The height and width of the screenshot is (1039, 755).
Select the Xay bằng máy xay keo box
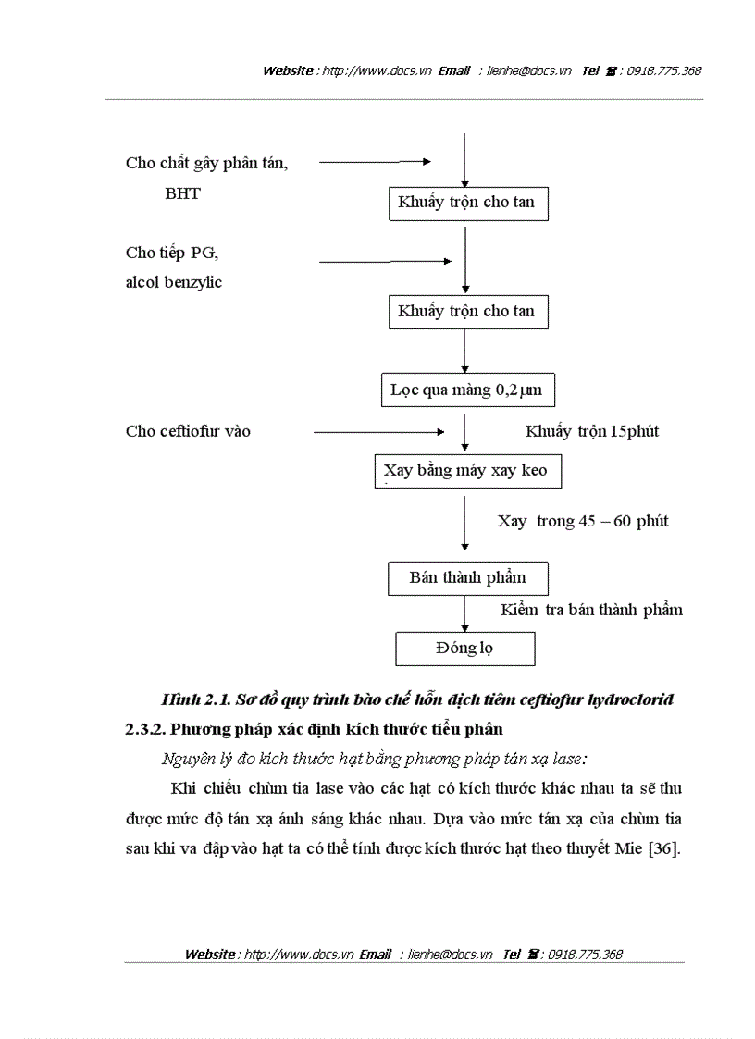pos(465,471)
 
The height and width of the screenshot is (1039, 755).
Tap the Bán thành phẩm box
pos(467,578)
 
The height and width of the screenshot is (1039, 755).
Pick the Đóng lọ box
pos(464,648)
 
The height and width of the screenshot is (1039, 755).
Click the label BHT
pos(182,194)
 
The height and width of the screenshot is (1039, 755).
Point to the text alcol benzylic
pos(174,282)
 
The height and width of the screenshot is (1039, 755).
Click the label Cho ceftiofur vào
pos(188,431)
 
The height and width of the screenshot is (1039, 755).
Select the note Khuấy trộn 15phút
pos(592,431)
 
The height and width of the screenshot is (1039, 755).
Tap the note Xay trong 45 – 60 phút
pos(583,521)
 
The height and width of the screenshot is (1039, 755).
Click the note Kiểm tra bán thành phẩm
pos(592,610)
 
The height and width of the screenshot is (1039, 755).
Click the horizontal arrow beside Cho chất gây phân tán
pos(375,162)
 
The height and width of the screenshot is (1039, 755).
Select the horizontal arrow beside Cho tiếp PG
pos(385,262)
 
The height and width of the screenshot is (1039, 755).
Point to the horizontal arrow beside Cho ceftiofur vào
pos(379,431)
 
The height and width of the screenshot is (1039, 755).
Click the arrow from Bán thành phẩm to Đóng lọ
pos(464,612)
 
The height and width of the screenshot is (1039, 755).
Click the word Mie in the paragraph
pos(628,848)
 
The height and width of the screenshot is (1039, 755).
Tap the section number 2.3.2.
pos(146,729)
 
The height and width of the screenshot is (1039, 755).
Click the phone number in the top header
pos(663,71)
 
